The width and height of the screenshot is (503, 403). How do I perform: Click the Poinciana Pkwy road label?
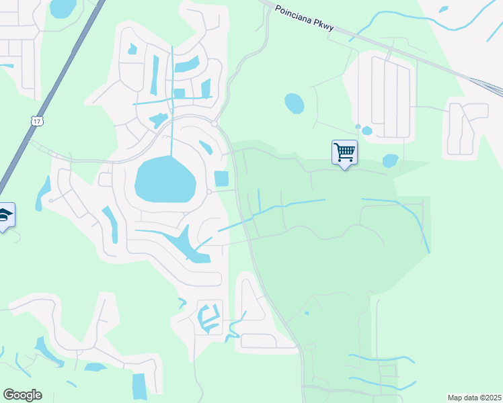click(303, 16)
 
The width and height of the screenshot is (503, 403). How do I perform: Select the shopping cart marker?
click(344, 152)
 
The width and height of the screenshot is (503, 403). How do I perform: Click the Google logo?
click(22, 395)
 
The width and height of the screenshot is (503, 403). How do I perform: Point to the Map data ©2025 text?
click(474, 398)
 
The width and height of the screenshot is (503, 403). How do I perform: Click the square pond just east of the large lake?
click(221, 179)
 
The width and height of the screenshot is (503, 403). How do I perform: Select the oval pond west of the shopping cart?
click(294, 103)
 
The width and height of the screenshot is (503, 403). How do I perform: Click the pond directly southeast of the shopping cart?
click(390, 161)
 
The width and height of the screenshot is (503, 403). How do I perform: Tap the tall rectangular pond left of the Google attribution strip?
click(139, 386)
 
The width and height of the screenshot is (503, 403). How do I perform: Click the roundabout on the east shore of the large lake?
click(209, 192)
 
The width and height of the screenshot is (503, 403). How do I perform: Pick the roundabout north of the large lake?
click(214, 124)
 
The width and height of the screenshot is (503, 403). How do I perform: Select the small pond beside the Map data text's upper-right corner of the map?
click(443, 9)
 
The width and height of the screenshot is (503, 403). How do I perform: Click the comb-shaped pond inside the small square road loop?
click(209, 318)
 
